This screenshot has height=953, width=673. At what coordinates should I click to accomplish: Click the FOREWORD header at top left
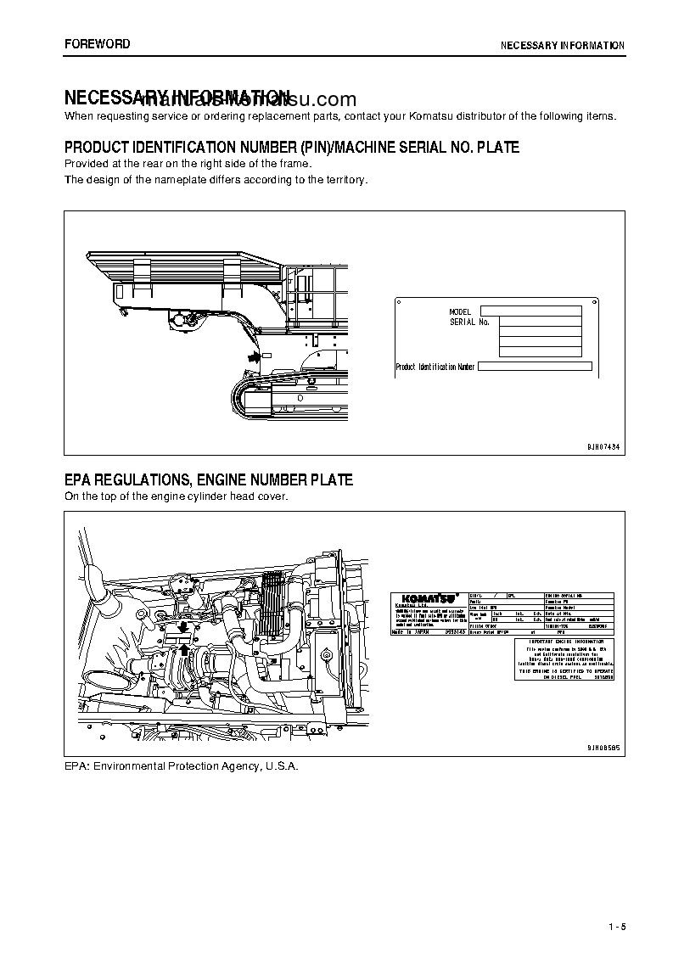98,44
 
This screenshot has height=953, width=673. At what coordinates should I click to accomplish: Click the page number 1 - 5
616,926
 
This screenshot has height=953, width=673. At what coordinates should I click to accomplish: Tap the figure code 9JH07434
603,446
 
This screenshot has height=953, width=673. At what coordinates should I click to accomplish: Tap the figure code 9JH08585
603,748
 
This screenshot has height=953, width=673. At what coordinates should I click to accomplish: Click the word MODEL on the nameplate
460,312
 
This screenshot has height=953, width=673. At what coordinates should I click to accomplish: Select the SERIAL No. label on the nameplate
469,322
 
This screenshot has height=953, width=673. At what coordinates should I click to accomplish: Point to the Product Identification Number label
435,367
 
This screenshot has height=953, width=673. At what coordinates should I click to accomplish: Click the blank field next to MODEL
530,311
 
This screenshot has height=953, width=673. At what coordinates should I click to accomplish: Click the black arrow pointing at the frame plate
251,358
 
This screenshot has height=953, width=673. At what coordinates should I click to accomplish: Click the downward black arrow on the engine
182,628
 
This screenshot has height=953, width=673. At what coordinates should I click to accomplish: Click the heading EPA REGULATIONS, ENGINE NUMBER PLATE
209,480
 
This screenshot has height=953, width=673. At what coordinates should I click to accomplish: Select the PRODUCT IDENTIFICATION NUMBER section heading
292,148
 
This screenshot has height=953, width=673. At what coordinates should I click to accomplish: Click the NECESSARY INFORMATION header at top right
562,46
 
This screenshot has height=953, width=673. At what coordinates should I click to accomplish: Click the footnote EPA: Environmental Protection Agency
182,765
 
